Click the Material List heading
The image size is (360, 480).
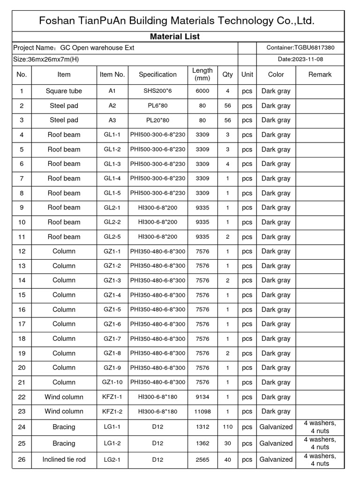click(175, 37)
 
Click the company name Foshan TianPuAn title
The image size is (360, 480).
click(176, 21)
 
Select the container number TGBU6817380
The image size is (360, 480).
click(300, 47)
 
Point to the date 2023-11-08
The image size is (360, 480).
click(300, 60)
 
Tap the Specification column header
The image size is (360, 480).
click(157, 75)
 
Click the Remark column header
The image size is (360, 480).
click(320, 75)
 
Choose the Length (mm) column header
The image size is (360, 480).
click(202, 75)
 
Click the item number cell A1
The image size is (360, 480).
click(112, 91)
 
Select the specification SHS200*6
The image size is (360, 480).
click(157, 91)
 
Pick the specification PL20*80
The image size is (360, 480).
click(157, 120)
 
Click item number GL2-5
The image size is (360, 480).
click(112, 237)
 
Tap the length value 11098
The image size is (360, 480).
click(202, 412)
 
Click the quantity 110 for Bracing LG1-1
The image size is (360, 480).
click(228, 427)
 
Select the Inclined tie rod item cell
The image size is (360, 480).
click(64, 460)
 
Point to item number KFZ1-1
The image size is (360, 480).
click(112, 397)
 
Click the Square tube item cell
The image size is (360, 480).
click(64, 91)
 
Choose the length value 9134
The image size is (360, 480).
click(202, 397)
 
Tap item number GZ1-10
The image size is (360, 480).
click(112, 382)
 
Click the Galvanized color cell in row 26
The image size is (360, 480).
click(276, 460)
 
